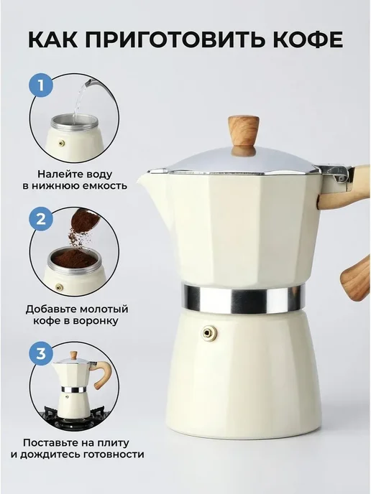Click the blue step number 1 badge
(41, 85)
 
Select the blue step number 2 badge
(41, 219)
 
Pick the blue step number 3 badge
(41, 353)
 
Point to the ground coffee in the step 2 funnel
(74, 259)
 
